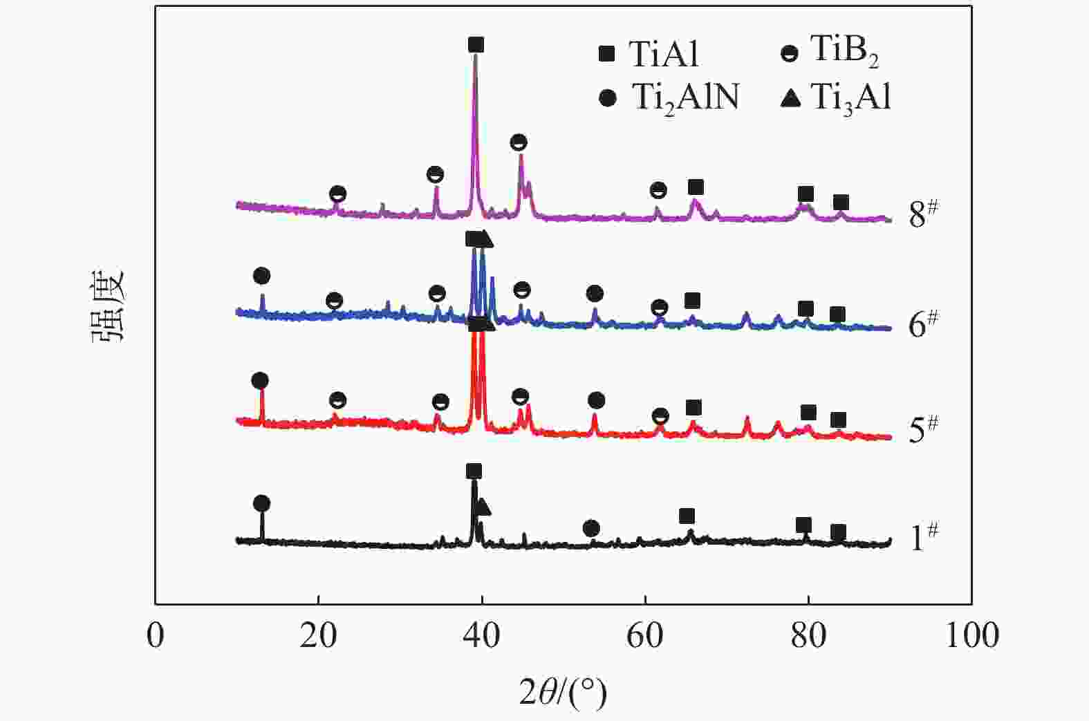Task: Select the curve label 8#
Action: click(923, 214)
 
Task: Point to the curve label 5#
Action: click(923, 429)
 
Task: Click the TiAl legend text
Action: click(664, 54)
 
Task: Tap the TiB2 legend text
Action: click(844, 51)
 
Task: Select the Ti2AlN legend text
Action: click(685, 98)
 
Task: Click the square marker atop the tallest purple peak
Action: click(476, 45)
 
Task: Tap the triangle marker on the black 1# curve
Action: click(483, 507)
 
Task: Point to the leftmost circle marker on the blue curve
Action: click(261, 276)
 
